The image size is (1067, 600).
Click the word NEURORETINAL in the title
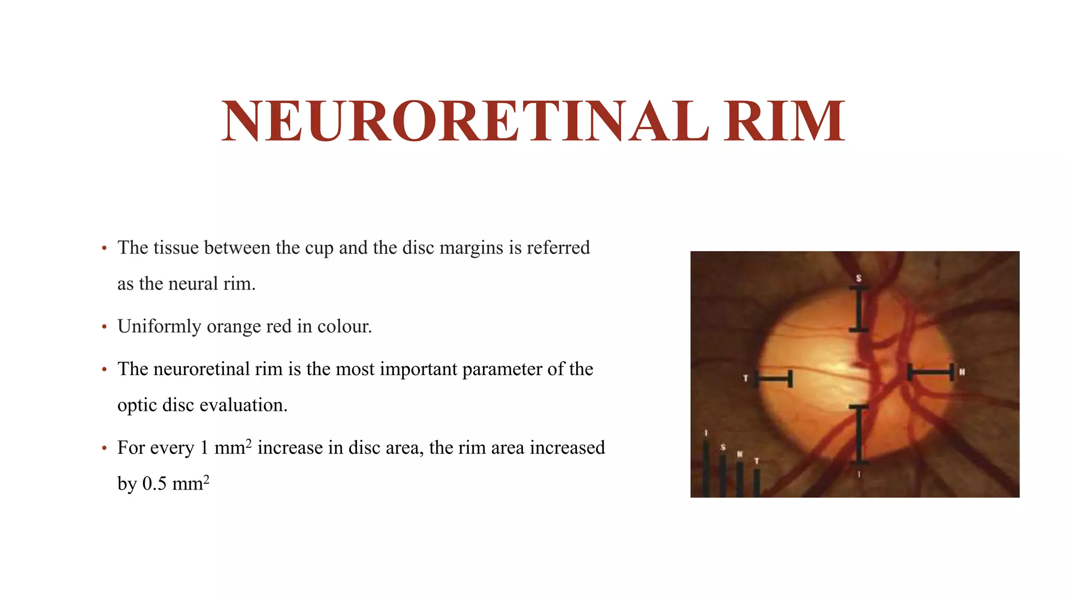pyautogui.click(x=465, y=121)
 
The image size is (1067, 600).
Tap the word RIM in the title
pyautogui.click(x=784, y=121)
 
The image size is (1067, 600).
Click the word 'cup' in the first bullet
pyautogui.click(x=319, y=248)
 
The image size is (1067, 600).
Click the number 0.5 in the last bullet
pyautogui.click(x=155, y=484)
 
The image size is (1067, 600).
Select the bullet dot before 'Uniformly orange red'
pyautogui.click(x=105, y=327)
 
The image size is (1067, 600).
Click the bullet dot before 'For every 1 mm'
pyautogui.click(x=105, y=448)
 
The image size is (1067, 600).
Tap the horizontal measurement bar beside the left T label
pyautogui.click(x=774, y=379)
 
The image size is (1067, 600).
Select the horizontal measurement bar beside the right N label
pyautogui.click(x=931, y=372)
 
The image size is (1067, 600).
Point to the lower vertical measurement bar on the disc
pyautogui.click(x=859, y=434)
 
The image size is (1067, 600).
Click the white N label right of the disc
pyautogui.click(x=962, y=372)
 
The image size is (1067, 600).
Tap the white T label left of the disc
pyautogui.click(x=746, y=378)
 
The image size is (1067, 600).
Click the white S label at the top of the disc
pyautogui.click(x=859, y=279)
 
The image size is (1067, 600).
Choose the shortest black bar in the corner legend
pyautogui.click(x=756, y=482)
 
